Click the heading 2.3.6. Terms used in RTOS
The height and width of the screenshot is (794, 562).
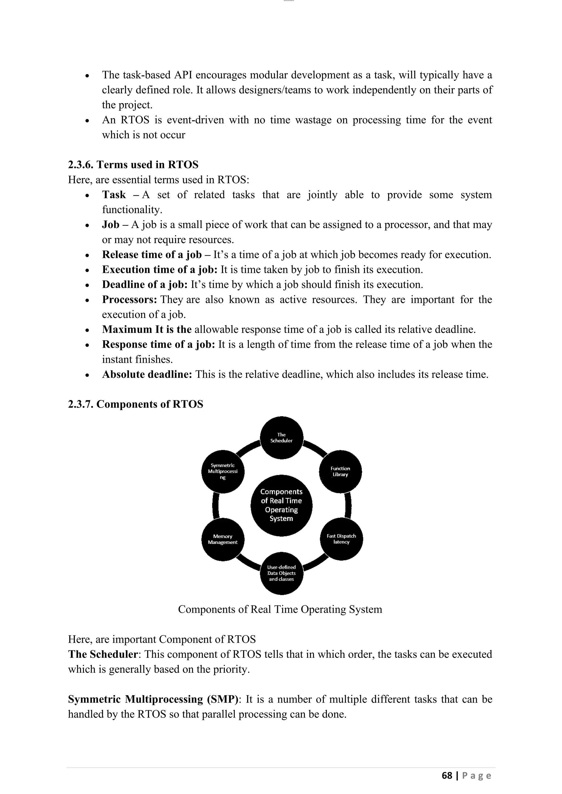[x=133, y=165]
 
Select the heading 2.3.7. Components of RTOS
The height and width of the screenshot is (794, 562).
[x=136, y=404]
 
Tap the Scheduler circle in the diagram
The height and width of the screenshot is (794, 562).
[x=281, y=438]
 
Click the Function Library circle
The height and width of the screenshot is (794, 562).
[x=340, y=472]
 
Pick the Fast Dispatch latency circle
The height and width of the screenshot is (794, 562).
[x=341, y=539]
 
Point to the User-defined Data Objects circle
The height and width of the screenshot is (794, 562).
[x=281, y=573]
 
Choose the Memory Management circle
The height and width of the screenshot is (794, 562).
[x=223, y=539]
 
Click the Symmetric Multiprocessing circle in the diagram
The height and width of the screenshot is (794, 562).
[x=223, y=471]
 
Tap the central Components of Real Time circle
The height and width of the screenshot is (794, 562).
[x=281, y=505]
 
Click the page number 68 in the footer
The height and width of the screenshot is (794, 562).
[x=447, y=776]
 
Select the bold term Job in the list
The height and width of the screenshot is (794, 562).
[x=110, y=225]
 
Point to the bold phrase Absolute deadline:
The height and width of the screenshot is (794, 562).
[x=147, y=375]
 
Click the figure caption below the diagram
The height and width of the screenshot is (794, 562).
[x=280, y=609]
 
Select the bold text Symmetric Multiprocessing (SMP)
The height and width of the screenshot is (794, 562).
[x=153, y=699]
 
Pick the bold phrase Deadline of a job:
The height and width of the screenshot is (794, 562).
[x=145, y=285]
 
